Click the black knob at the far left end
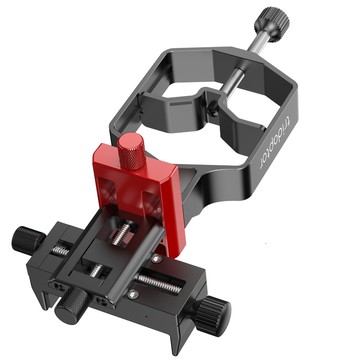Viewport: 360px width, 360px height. pos(24,240)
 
